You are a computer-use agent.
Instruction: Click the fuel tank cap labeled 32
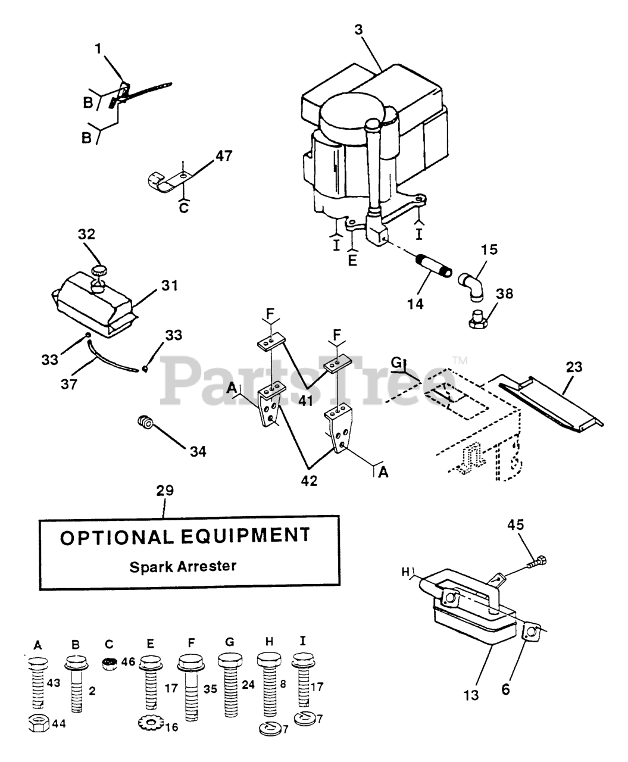pos(98,271)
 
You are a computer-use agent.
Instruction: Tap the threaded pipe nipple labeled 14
pos(430,262)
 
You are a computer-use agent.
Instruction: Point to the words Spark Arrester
pos(183,566)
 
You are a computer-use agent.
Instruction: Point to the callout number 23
pos(574,367)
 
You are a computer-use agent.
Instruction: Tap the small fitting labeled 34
pos(145,423)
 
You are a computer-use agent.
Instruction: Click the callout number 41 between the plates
pos(306,401)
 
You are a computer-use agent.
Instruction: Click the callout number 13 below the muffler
pos(471,694)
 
